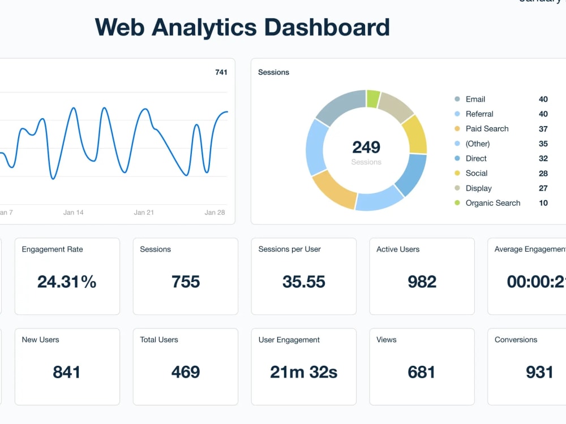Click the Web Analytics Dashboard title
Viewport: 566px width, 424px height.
click(x=242, y=27)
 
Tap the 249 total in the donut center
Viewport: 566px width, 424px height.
click(x=366, y=148)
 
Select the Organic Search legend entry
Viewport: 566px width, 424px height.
click(x=492, y=203)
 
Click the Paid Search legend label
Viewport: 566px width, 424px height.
click(x=487, y=129)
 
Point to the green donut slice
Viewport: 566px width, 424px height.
click(x=372, y=98)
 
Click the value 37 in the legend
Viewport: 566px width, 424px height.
click(x=543, y=129)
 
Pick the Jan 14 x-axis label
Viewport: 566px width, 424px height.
click(x=73, y=213)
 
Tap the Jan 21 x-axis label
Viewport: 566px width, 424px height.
click(x=144, y=213)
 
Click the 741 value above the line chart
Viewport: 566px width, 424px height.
click(x=221, y=72)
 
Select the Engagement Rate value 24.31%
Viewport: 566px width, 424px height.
click(x=67, y=282)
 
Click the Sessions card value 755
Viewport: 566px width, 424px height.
click(x=186, y=282)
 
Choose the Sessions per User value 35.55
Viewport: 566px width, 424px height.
click(x=304, y=282)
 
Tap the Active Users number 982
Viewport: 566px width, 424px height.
click(x=422, y=282)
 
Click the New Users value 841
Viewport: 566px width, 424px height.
click(x=67, y=372)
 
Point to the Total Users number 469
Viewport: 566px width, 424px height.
click(x=186, y=372)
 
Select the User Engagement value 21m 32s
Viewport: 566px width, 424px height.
click(x=304, y=372)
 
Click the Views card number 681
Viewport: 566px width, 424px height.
click(x=422, y=372)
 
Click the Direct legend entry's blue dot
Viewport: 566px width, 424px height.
click(x=457, y=159)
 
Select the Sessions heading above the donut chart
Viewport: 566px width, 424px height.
click(x=273, y=72)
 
